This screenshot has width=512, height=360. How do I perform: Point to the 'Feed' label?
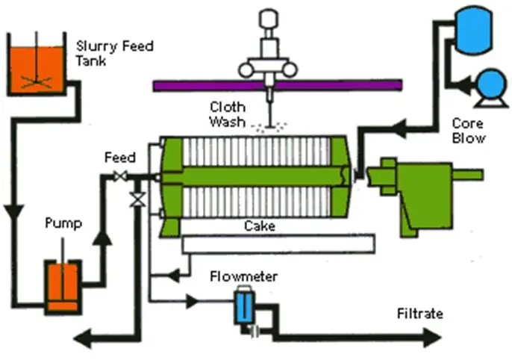(119, 158)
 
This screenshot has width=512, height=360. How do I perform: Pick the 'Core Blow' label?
(469, 130)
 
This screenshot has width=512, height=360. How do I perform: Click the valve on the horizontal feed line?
(118, 177)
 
